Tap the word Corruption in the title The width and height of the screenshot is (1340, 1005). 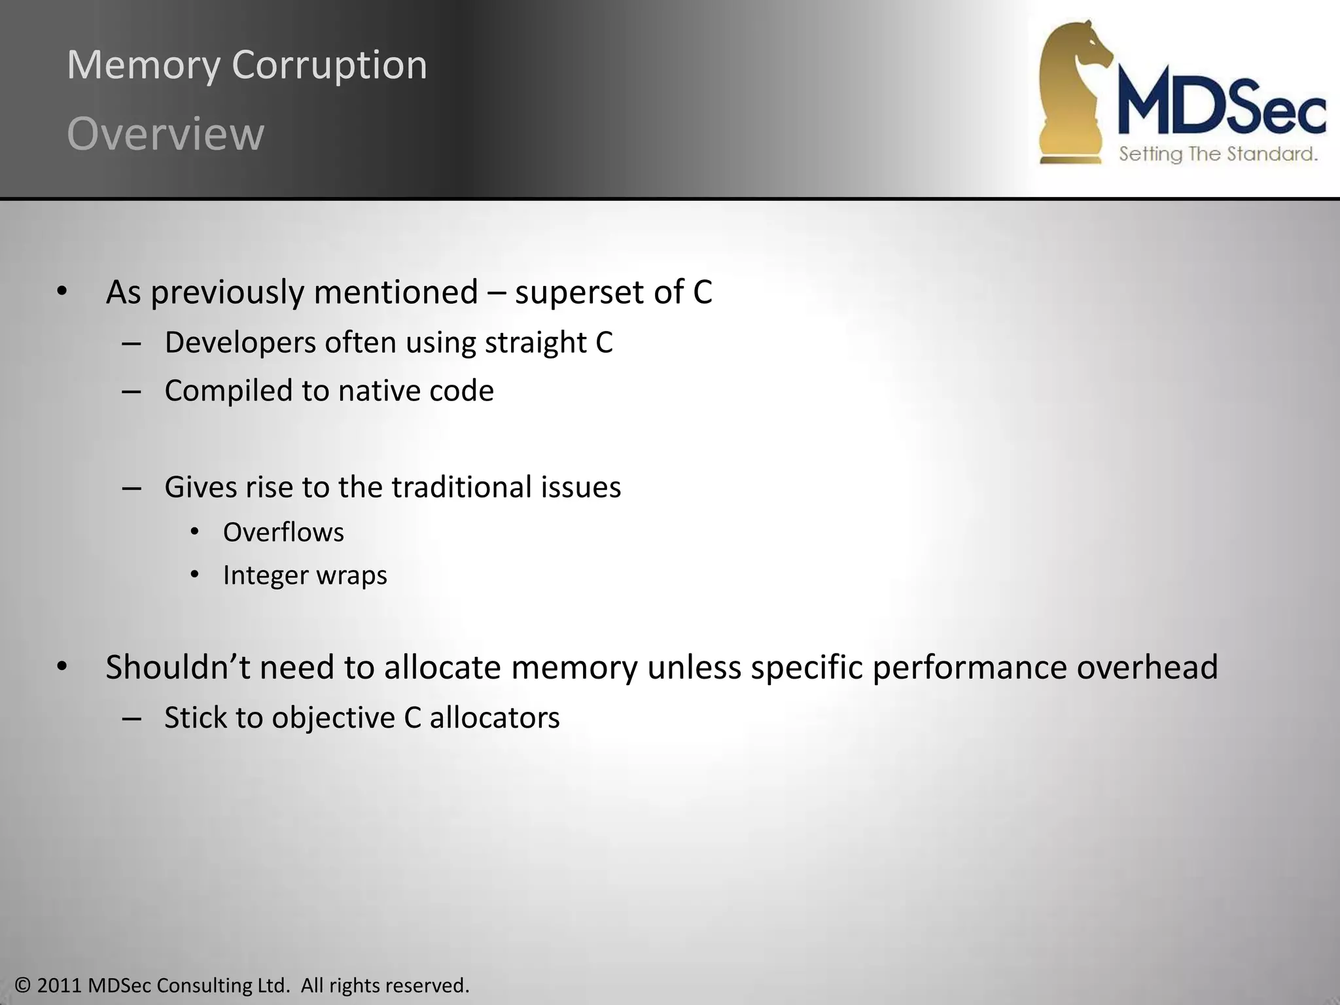(329, 66)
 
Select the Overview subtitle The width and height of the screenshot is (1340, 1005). (166, 134)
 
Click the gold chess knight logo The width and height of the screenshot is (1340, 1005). (1073, 92)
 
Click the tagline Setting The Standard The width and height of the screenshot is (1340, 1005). (1218, 154)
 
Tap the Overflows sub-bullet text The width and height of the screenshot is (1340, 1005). (283, 533)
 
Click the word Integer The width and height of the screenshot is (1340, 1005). (264, 576)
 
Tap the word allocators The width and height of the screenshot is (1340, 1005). (495, 718)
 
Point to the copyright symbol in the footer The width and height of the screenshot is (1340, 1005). (23, 985)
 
